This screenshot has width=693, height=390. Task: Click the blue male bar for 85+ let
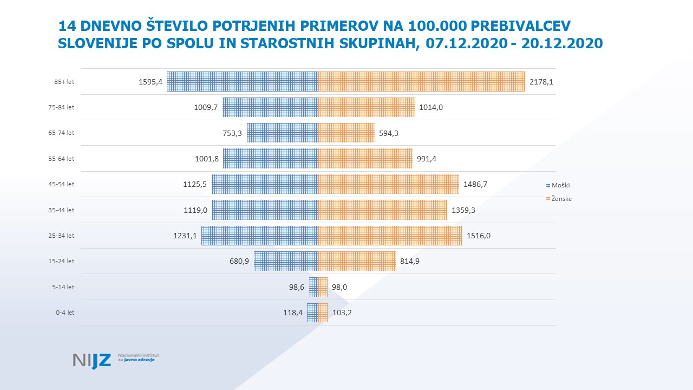coord(242,81)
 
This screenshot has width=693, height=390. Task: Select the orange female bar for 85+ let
coord(421,81)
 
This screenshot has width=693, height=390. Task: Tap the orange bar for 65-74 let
coord(346,133)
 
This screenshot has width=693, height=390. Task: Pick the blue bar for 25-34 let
coord(259,236)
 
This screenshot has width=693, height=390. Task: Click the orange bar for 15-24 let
coord(357,261)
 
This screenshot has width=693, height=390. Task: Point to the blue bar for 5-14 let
coord(313,287)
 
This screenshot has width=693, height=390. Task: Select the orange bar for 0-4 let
coord(323,313)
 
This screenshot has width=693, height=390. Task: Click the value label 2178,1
coord(541,82)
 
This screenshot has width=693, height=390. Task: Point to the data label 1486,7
coord(475,184)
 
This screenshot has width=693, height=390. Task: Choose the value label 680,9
coord(239,262)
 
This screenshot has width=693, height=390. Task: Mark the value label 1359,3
coord(463,210)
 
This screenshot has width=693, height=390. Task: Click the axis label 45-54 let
coord(61,184)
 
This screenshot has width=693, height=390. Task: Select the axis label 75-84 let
coord(61,107)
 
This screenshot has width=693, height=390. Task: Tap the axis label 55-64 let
coord(61,159)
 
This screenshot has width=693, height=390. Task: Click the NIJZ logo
coord(92,360)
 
